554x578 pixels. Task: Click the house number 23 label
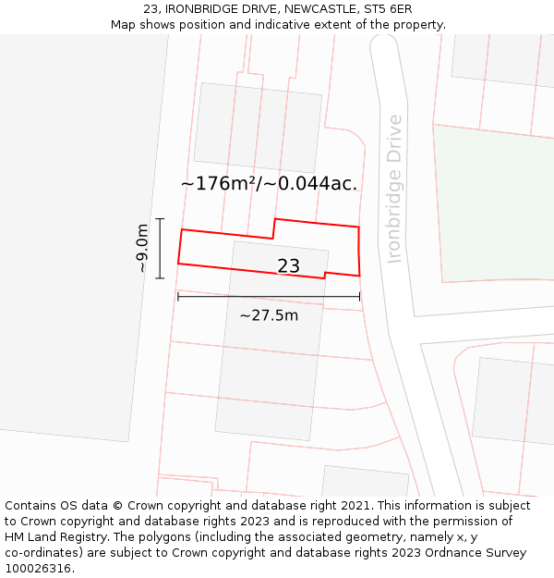[288, 266]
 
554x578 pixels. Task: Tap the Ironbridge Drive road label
[395, 189]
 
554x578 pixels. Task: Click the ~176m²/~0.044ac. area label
[269, 183]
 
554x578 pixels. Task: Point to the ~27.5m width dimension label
[269, 315]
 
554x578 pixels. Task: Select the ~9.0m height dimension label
[142, 248]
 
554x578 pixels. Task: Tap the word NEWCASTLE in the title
[314, 9]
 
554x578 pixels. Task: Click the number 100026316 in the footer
[40, 569]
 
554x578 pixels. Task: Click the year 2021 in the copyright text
[355, 506]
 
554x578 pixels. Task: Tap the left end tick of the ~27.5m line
[178, 297]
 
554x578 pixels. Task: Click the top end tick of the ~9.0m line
[160, 219]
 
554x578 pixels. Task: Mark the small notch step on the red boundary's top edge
[274, 228]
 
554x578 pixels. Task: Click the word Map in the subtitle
[124, 25]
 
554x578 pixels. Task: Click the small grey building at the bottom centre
[364, 482]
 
